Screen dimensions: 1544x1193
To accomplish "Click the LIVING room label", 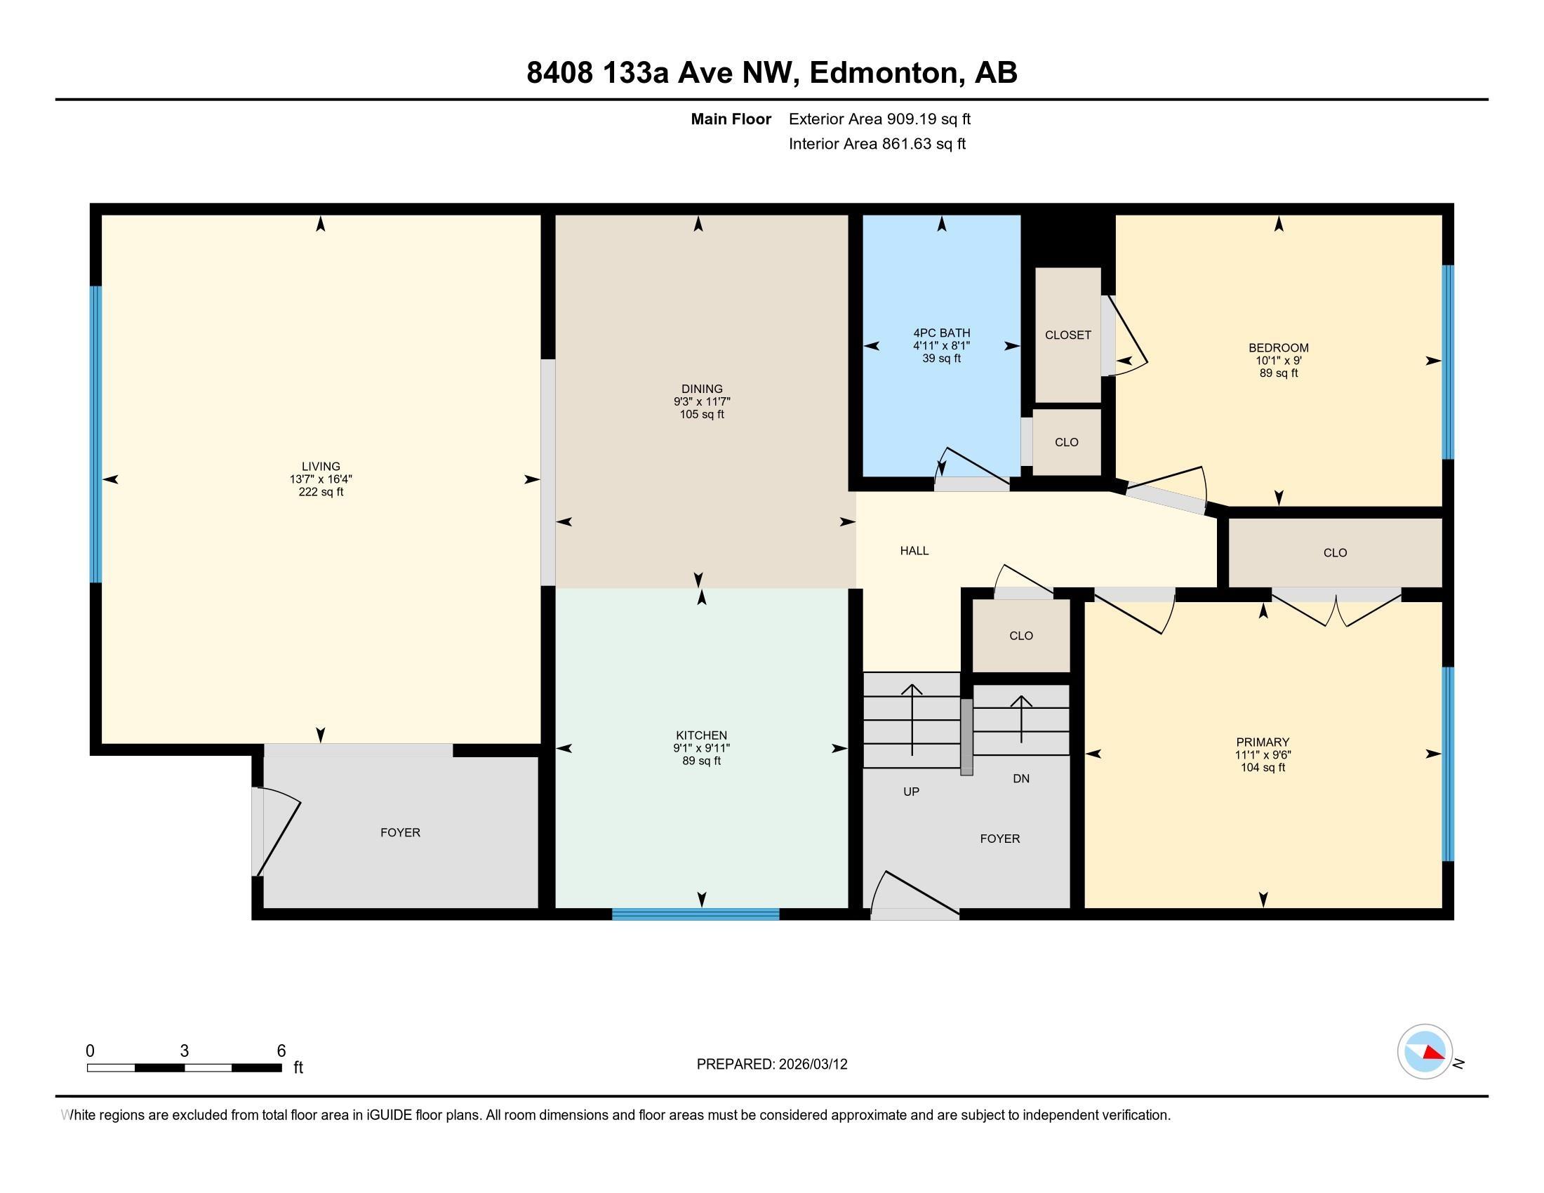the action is pos(321,467).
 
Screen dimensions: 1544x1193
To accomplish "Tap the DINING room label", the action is pos(702,389).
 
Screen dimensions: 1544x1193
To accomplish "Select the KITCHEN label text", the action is pos(701,735).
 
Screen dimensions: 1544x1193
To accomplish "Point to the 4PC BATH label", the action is pos(942,333).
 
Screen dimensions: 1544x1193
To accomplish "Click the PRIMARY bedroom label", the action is pos(1263,742).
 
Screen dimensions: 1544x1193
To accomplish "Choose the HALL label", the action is pos(914,551).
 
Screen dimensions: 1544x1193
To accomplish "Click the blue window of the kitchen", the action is pos(696,914).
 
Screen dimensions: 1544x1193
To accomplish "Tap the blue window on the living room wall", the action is pos(96,434).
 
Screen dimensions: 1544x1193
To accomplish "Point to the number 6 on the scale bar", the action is pos(281,1051).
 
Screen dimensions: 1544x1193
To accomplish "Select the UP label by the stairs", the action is pos(911,792).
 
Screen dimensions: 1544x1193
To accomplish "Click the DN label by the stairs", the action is pos(1021,778).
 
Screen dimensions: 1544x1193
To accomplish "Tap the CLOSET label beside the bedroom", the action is pos(1067,335).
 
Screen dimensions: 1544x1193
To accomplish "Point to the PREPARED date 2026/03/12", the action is pos(813,1065).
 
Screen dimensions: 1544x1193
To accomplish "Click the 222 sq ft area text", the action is pos(321,492).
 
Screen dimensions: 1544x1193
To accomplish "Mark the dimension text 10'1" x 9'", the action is pos(1278,361).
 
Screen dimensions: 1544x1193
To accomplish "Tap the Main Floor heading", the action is pos(731,119).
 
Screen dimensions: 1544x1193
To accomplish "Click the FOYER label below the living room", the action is pos(400,832).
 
